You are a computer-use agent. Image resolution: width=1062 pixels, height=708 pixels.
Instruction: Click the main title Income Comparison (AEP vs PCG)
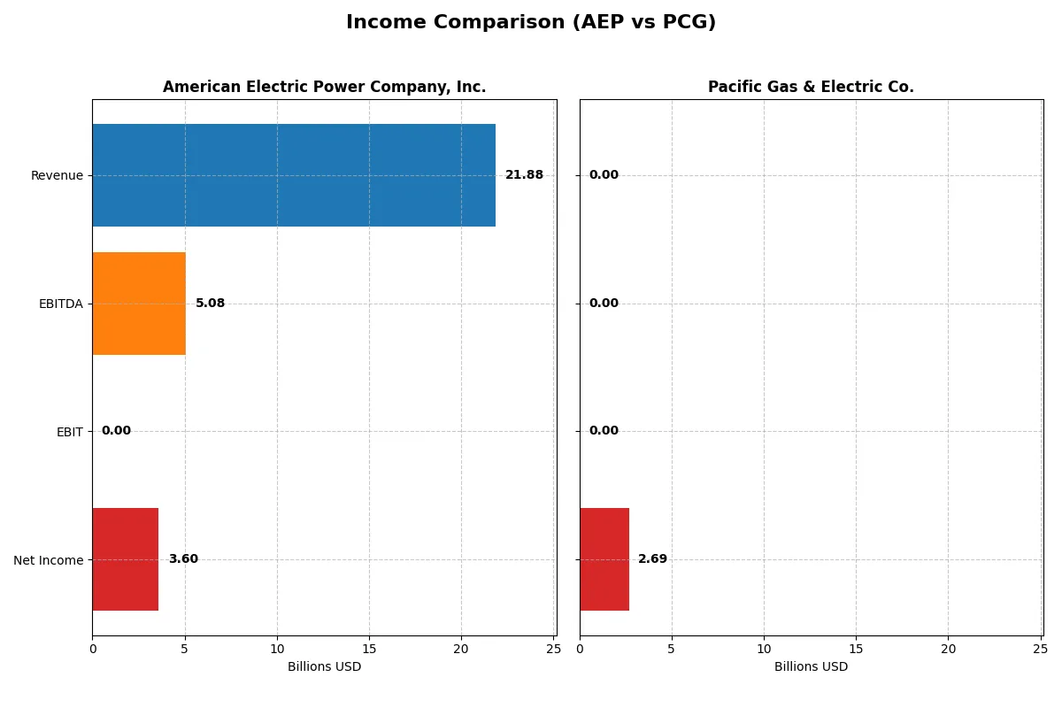point(531,23)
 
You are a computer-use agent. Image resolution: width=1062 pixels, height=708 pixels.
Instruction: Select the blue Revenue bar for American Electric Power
point(294,175)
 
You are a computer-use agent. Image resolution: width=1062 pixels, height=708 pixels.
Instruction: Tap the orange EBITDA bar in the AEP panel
point(139,304)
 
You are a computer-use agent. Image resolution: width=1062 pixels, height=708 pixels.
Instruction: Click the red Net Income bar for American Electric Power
point(125,559)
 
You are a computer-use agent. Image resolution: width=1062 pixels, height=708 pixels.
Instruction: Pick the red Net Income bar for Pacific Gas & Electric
point(604,559)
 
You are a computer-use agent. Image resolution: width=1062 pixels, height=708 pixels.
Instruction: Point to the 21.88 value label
point(524,175)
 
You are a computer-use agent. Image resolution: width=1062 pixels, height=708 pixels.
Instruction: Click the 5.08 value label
point(210,304)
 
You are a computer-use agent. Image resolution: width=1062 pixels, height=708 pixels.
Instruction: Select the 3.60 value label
point(183,559)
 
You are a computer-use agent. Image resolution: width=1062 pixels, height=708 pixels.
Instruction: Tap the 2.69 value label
point(652,559)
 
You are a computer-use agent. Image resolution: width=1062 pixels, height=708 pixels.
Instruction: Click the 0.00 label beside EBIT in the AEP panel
point(116,431)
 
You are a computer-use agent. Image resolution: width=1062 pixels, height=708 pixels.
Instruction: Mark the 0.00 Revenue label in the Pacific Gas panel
point(604,175)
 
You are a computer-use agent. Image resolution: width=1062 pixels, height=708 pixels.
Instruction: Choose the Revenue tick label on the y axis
point(57,175)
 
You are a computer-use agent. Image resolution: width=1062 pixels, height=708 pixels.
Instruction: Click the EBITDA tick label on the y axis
point(60,304)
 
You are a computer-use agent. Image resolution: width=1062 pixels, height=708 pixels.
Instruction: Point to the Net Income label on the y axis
point(48,559)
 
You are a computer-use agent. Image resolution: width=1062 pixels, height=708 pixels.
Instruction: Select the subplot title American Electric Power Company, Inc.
point(324,87)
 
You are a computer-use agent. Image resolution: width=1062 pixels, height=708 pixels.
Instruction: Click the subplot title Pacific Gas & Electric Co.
point(811,87)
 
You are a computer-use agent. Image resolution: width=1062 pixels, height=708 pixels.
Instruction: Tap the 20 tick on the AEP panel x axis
point(461,649)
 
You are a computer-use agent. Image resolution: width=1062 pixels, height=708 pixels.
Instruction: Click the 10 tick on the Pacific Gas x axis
point(764,649)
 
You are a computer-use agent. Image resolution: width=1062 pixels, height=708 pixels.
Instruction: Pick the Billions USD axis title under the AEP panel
point(324,666)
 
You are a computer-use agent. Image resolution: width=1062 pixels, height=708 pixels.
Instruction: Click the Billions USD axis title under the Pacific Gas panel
point(811,666)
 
